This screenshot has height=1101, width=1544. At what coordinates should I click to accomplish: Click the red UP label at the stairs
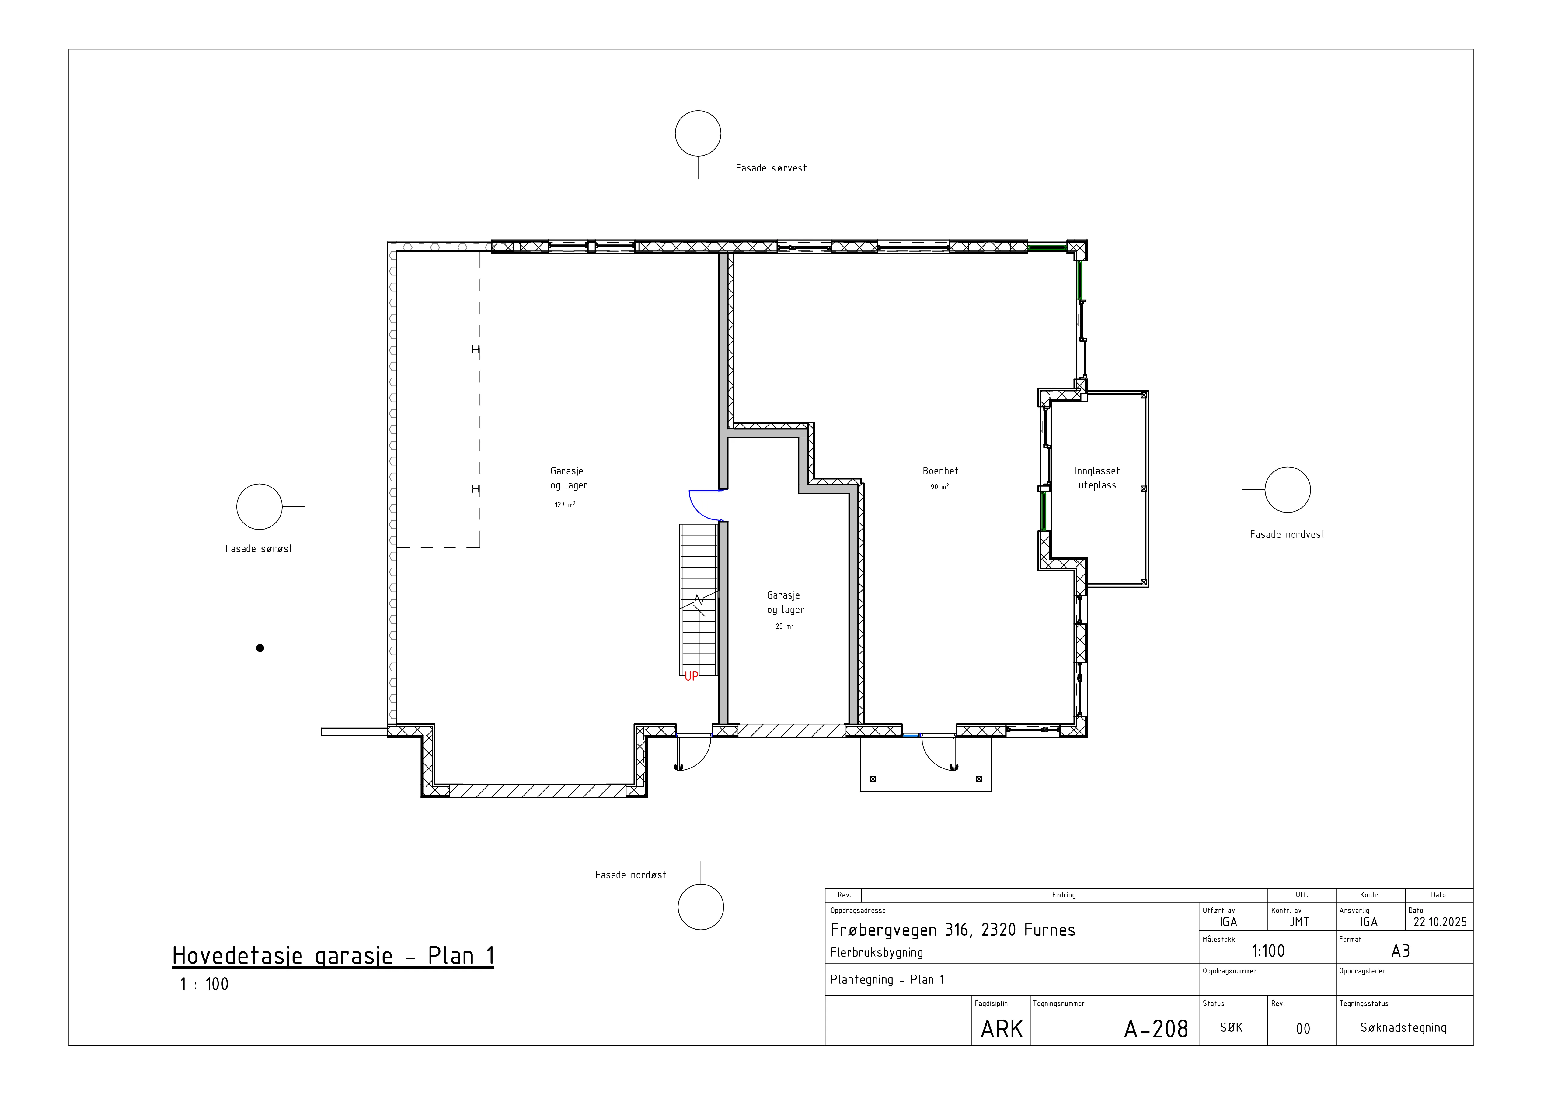point(691,676)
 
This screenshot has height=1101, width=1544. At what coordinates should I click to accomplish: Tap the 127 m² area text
point(565,504)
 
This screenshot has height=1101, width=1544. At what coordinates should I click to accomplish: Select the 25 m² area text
point(785,626)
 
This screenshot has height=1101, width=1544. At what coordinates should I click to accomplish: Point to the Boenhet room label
point(940,471)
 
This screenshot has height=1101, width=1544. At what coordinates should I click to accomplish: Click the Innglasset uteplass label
point(1097,478)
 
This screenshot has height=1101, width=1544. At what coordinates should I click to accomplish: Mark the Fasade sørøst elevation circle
point(259,506)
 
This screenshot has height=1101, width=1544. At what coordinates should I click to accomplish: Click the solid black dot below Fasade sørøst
point(260,648)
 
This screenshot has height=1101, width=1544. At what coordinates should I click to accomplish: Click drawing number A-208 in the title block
point(1156,1029)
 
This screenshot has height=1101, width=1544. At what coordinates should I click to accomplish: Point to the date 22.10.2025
point(1440,922)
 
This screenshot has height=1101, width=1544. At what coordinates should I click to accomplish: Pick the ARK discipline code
point(1001,1029)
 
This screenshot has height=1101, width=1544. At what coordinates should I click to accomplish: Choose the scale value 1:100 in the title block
point(1268,951)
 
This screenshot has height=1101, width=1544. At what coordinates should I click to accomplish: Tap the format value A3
point(1400,951)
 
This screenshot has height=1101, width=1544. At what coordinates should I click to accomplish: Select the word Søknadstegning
point(1403,1028)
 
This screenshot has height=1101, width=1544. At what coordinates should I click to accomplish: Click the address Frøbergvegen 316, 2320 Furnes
point(953,930)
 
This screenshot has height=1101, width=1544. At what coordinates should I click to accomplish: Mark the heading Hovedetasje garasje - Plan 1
point(333,956)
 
